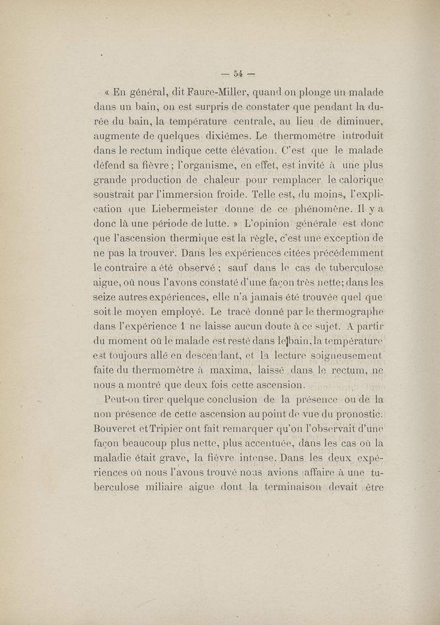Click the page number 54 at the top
click(238, 72)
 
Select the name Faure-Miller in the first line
click(187, 93)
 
